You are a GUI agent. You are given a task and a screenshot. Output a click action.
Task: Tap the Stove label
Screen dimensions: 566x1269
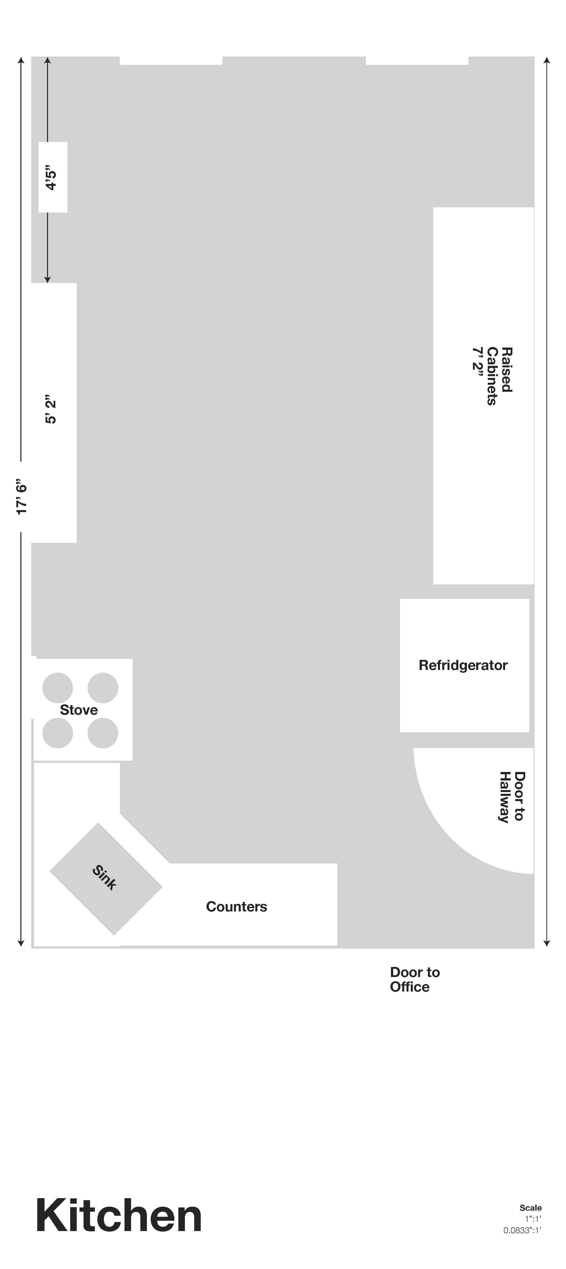point(79,710)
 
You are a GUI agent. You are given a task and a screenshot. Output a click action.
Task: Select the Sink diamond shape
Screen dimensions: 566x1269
point(105,879)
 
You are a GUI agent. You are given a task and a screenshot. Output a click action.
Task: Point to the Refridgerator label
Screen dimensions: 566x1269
point(463,665)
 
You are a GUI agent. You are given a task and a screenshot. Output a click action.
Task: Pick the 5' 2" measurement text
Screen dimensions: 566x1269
point(51,409)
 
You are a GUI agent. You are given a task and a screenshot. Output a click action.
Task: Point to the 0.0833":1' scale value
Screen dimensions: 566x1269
point(522,1230)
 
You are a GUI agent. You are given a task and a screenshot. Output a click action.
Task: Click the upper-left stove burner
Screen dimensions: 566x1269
point(58,688)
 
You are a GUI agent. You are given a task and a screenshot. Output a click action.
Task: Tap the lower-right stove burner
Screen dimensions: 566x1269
point(103,733)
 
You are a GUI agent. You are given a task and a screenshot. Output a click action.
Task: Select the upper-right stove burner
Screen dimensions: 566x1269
point(103,688)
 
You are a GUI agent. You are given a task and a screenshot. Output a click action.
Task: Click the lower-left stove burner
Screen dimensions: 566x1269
point(58,733)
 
